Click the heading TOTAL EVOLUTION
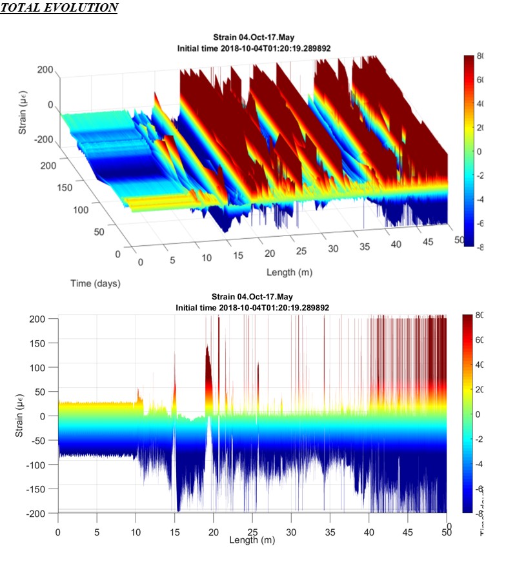pyautogui.click(x=59, y=8)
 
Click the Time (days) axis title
pyautogui.click(x=96, y=283)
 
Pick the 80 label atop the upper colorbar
pyautogui.click(x=480, y=57)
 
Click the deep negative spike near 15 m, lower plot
pyautogui.click(x=177, y=497)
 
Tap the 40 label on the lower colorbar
pyautogui.click(x=480, y=365)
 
